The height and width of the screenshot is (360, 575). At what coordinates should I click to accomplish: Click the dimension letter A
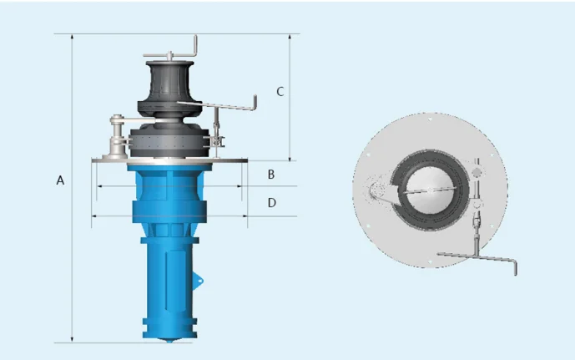point(60,180)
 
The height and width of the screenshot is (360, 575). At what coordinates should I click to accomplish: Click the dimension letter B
point(271,175)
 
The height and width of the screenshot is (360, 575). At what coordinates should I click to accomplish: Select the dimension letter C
point(280,91)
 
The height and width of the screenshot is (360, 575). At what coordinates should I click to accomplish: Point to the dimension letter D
point(271,202)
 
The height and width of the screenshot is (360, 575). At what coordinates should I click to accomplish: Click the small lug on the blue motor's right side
point(199,280)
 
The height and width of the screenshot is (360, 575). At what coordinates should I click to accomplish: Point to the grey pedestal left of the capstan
point(116,139)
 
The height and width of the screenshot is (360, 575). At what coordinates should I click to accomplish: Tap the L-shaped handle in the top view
point(480,259)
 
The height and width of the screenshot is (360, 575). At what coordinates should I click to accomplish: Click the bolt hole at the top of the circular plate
point(429,119)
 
